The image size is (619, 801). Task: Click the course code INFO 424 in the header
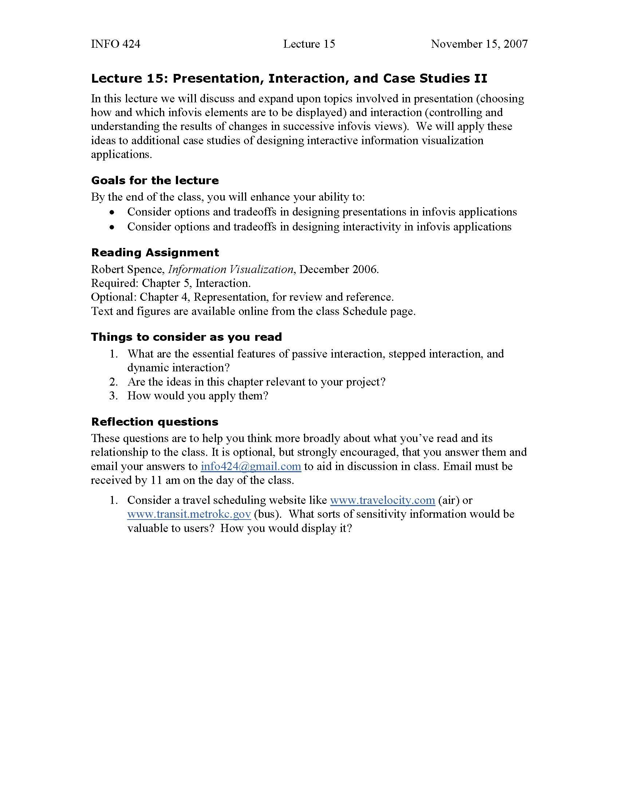pos(115,44)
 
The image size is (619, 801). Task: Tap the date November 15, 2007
pos(479,44)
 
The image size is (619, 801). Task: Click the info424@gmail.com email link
pos(251,466)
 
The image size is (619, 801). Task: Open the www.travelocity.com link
pos(382,500)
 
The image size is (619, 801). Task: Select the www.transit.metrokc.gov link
pos(189,514)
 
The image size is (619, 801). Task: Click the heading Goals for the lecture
pos(155,181)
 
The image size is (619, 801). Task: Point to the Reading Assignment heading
pos(155,253)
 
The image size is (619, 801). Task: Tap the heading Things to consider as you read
pos(186,337)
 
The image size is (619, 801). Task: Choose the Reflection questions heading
pos(154,422)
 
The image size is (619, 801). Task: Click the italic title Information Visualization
pos(230,269)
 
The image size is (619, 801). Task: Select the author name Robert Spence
pos(126,269)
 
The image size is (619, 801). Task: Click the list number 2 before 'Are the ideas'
pos(113,382)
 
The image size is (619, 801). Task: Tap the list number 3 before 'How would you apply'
pos(113,396)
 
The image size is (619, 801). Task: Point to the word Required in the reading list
pos(114,283)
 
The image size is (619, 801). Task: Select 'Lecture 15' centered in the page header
pos(309,44)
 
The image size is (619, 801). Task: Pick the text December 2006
pos(339,269)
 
